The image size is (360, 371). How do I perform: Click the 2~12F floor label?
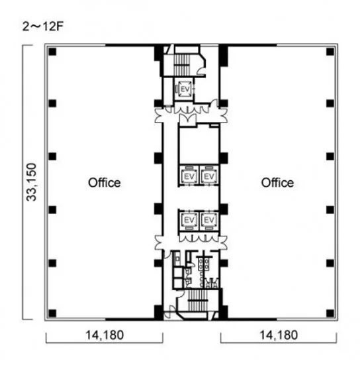pos(43,26)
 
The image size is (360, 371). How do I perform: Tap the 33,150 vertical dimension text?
pos(32,182)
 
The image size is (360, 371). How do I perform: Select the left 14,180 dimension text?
pos(105,335)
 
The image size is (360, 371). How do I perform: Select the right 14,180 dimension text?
pos(279,335)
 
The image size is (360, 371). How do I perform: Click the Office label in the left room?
pos(105,183)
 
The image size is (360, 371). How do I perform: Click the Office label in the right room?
pos(277,183)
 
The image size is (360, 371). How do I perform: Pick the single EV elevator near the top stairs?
pos(185,89)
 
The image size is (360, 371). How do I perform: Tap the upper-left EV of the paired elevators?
pos(189,176)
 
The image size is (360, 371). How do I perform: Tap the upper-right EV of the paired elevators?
pos(209,176)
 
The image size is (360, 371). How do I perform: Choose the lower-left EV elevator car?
pos(189,220)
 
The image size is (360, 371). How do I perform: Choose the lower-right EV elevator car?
pos(209,220)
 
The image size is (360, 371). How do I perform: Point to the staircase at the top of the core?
pos(182,64)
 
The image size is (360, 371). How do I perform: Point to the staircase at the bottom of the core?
pos(198,300)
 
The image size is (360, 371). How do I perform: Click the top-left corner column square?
pos(52,52)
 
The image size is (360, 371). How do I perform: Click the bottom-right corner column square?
pos(330,313)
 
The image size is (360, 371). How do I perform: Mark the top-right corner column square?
pos(330,52)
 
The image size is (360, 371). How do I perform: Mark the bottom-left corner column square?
pos(52,313)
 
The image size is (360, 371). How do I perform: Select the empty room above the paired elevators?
pos(199,145)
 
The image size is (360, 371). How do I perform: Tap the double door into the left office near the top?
pos(159,115)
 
